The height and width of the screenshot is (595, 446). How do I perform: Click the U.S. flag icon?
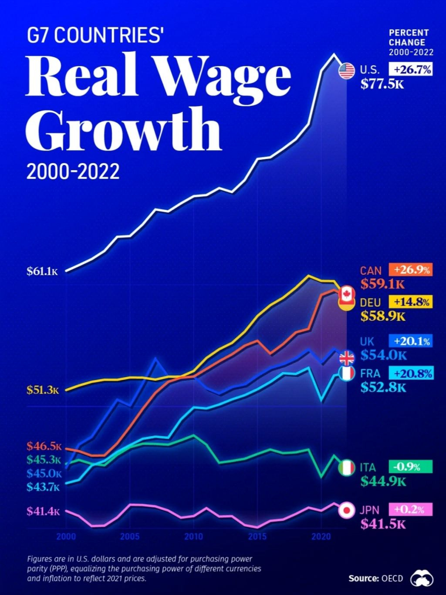tap(347, 71)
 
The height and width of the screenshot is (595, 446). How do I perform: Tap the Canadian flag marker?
tap(347, 292)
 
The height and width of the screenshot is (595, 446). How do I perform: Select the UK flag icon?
tap(347, 358)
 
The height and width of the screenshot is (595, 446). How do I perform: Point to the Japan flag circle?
tap(347, 510)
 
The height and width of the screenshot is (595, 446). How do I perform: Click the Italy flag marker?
tap(347, 468)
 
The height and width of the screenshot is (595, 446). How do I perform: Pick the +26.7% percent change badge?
tap(411, 69)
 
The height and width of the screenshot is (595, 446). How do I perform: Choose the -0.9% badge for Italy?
tap(411, 467)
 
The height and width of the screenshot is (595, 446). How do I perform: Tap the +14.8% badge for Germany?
tap(411, 302)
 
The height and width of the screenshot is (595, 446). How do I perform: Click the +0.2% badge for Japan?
tap(411, 509)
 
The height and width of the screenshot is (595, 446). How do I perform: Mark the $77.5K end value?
tap(382, 84)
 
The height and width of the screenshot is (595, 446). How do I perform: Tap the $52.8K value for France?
tap(383, 387)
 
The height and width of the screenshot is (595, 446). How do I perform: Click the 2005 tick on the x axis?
tap(130, 537)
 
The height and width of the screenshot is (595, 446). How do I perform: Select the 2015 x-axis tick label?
tap(257, 537)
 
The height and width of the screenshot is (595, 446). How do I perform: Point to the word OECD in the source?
tap(392, 578)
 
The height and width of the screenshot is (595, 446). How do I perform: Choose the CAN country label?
tap(371, 271)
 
